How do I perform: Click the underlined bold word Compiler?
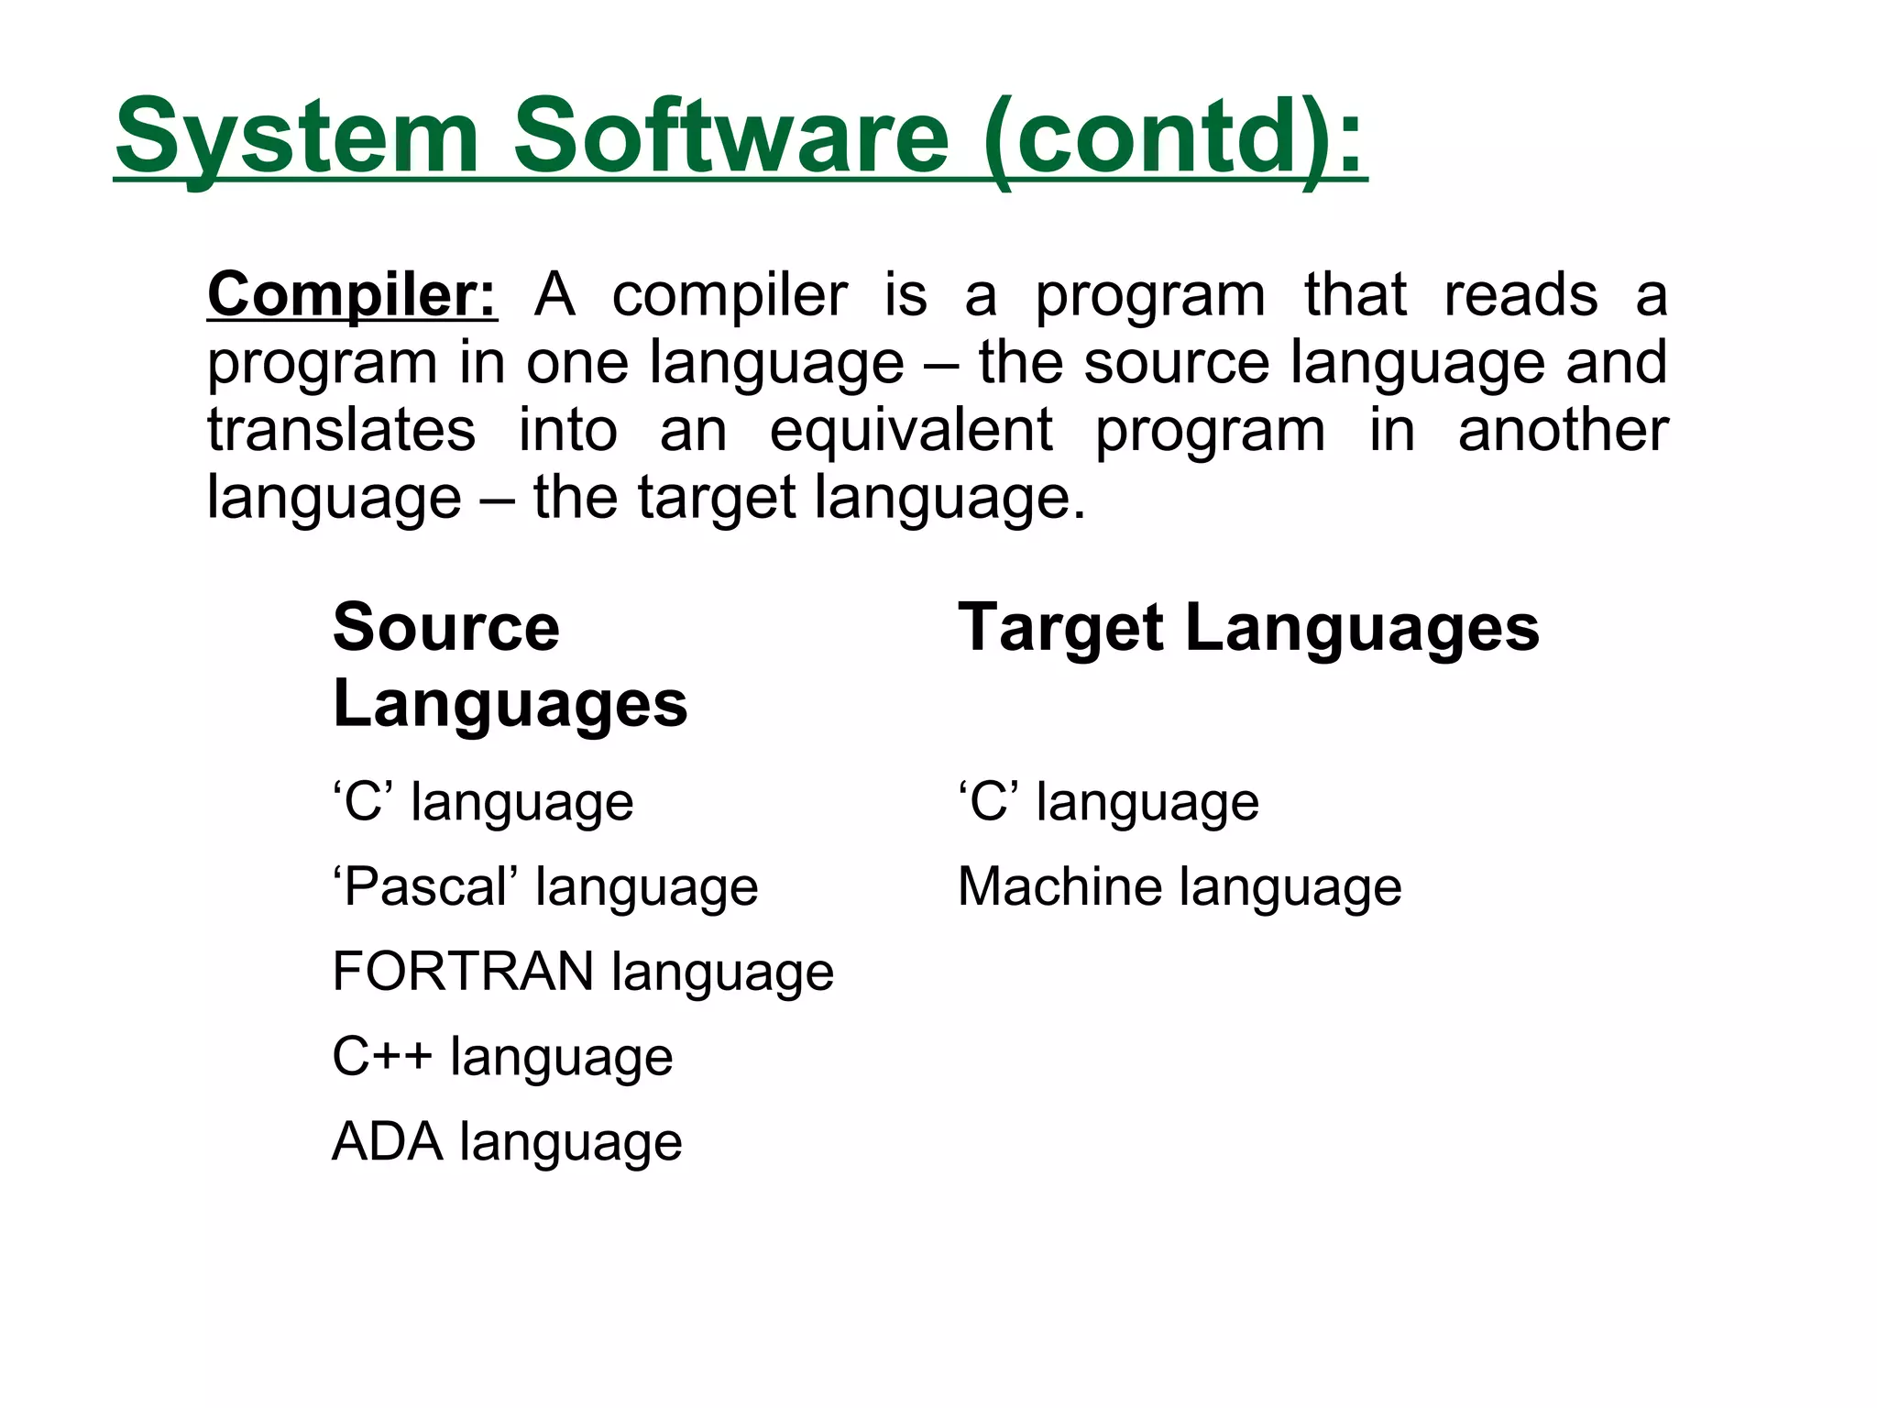pos(352,295)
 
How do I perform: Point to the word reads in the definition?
pos(1520,295)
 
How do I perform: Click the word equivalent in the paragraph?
pos(911,430)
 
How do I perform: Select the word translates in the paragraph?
pos(341,430)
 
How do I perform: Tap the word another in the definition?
pos(1563,430)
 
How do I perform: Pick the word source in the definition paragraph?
pos(1176,363)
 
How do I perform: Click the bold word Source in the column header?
pos(445,628)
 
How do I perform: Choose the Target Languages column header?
pos(1248,630)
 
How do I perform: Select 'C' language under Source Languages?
pos(483,802)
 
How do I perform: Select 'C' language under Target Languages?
pos(1108,802)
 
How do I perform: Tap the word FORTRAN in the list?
pos(463,972)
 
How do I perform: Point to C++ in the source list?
pos(381,1056)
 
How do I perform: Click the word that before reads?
pos(1355,295)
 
